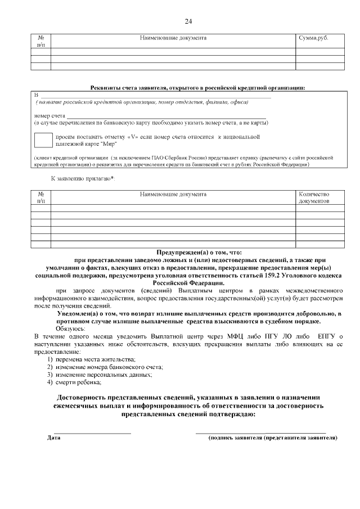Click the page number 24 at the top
pyautogui.click(x=188, y=21)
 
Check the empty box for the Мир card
pyautogui.click(x=43, y=141)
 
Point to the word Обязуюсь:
pyautogui.click(x=70, y=328)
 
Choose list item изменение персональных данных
pyautogui.click(x=103, y=375)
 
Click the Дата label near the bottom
pyautogui.click(x=54, y=437)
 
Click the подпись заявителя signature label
pyautogui.click(x=273, y=437)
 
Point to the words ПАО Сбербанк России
pyautogui.click(x=183, y=158)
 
